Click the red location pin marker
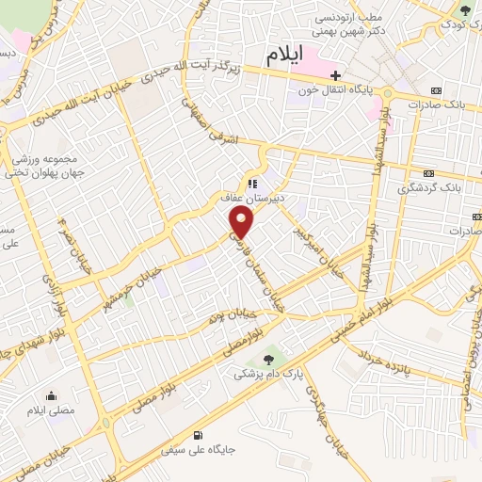(243, 223)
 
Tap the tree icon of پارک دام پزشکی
(270, 357)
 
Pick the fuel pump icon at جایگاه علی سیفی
(197, 434)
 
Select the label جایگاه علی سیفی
(198, 450)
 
